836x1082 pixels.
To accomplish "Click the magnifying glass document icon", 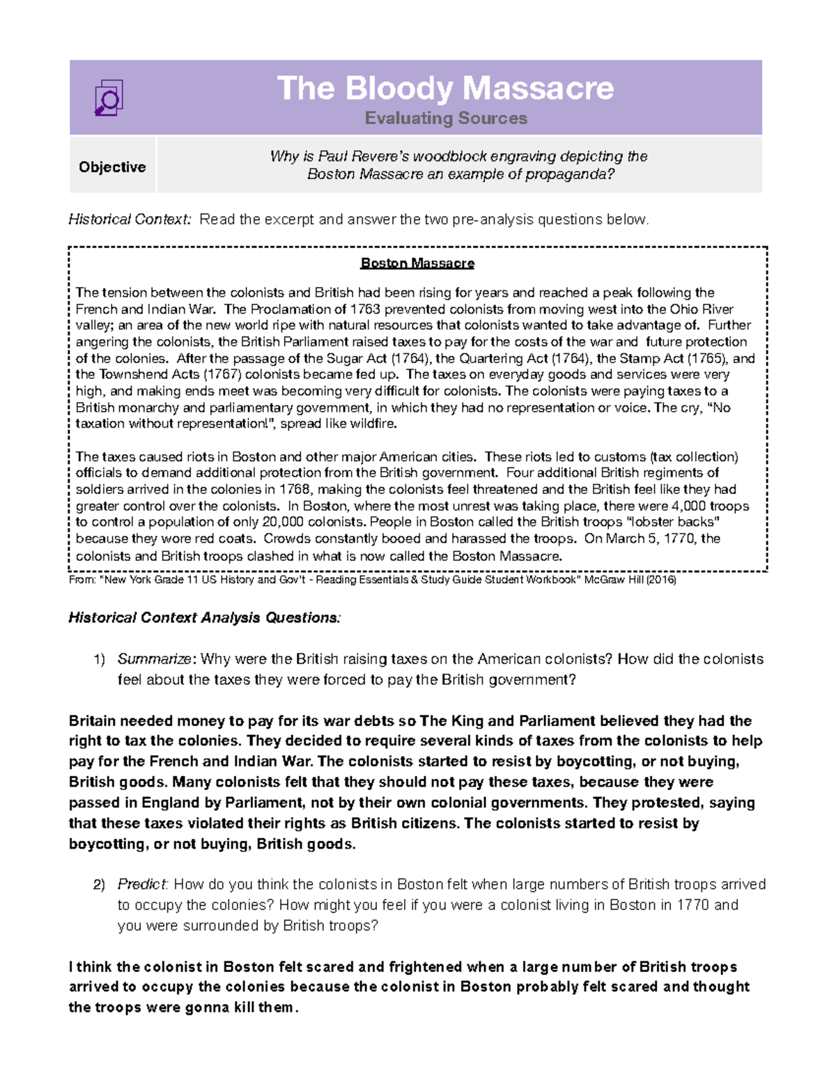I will [x=109, y=98].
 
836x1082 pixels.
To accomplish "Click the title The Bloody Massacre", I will [x=445, y=88].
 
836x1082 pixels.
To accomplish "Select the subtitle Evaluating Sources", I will [x=446, y=118].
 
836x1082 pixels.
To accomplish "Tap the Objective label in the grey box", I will [x=112, y=167].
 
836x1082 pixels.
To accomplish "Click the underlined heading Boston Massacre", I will [x=417, y=263].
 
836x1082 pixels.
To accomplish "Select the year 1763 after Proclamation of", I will [x=365, y=309].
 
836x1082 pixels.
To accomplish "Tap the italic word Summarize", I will [x=154, y=659].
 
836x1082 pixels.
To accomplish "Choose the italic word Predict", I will [x=142, y=885].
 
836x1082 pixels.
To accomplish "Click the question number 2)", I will [x=99, y=885].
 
